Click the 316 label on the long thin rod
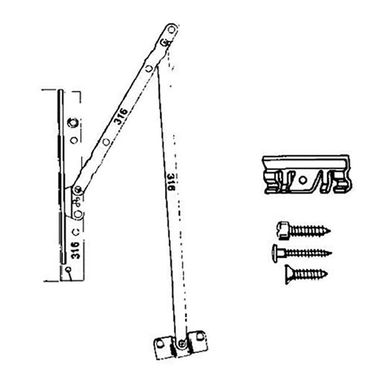[170, 185]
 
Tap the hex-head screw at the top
[303, 231]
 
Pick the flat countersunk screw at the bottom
[303, 272]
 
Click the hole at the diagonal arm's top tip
[169, 32]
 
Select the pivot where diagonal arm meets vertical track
[77, 189]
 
